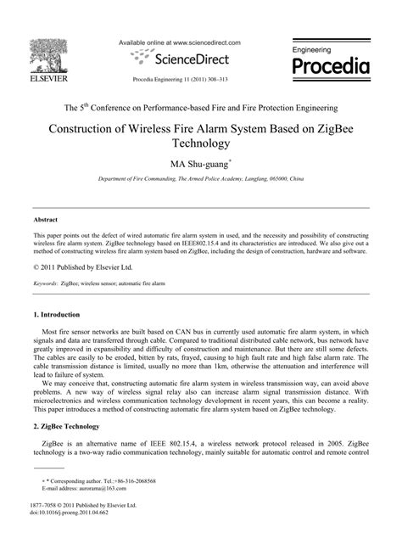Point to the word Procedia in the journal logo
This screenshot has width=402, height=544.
point(331,66)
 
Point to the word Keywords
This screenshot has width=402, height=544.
point(46,282)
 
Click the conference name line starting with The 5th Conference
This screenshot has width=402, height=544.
point(200,108)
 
